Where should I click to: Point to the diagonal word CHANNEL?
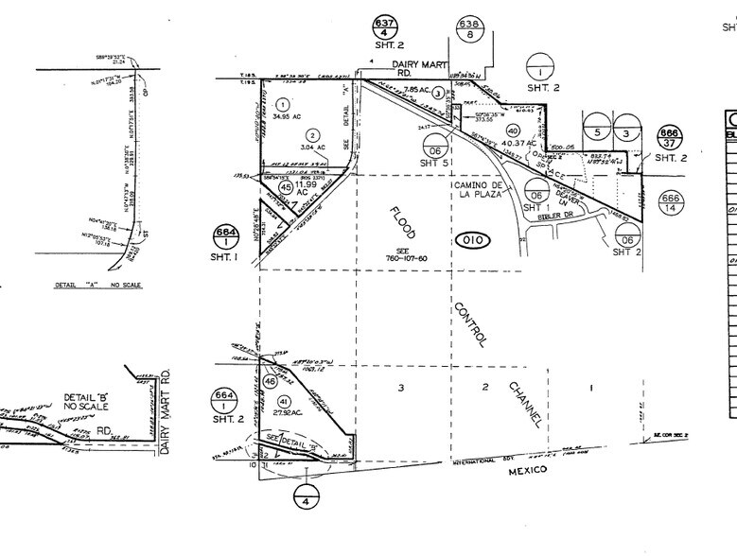(x=524, y=404)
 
